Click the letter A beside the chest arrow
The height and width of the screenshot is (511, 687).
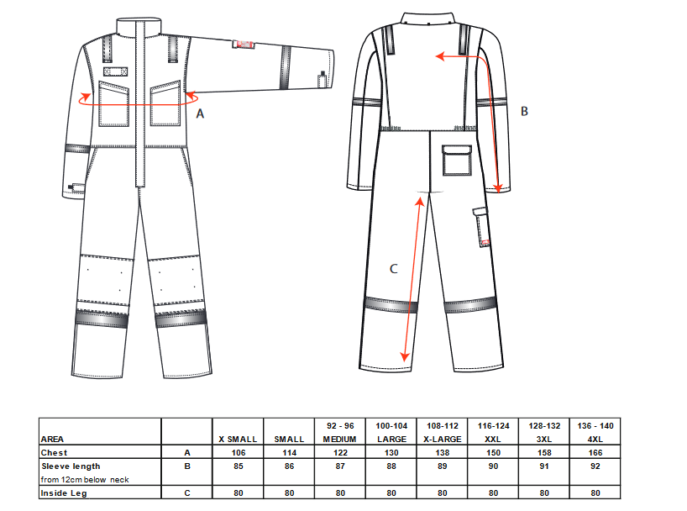point(200,113)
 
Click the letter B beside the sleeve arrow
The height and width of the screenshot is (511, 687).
point(524,111)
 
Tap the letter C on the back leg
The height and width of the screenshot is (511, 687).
point(393,268)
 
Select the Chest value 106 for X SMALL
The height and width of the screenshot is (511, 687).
point(239,453)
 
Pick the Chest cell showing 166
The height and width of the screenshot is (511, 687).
point(595,453)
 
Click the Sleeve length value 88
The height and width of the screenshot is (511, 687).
point(391,466)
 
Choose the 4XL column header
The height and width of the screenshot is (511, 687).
point(595,439)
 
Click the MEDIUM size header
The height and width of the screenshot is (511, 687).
point(339,439)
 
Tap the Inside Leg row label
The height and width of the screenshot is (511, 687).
point(64,493)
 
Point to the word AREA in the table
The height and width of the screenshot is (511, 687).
point(52,439)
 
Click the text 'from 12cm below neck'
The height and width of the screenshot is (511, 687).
point(85,479)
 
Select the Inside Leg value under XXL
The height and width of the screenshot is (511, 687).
point(493,493)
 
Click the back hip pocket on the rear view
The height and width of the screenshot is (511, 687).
point(457,161)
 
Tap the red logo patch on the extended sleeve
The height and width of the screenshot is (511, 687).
point(244,44)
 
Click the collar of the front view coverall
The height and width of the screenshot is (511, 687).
point(139,25)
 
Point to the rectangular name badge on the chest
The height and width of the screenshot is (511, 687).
point(116,71)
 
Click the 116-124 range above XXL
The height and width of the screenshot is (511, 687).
point(493,426)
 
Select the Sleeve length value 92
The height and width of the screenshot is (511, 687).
point(595,466)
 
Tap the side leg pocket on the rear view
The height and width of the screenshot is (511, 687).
point(481,227)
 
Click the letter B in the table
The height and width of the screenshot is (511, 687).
point(187,466)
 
